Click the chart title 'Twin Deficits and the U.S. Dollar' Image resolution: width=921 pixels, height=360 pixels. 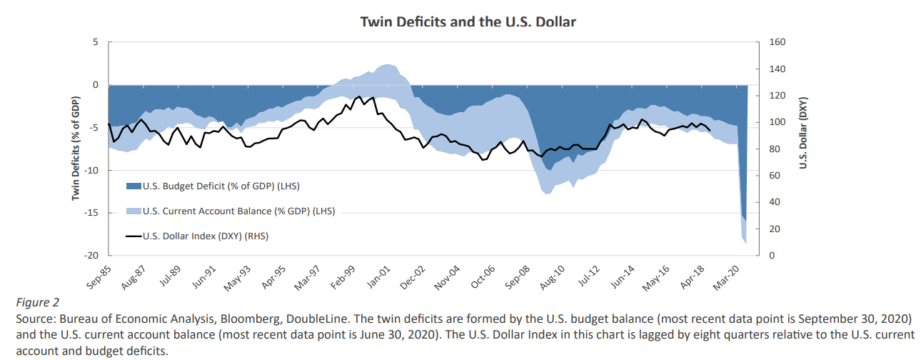pos(468,22)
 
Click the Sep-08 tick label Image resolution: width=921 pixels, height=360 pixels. pos(518,273)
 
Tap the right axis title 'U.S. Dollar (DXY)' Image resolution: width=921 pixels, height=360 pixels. pos(802,134)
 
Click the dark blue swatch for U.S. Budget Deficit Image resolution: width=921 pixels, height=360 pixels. pos(134,186)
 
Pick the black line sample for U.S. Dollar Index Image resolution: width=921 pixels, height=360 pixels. pos(134,235)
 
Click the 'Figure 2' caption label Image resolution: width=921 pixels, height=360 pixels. pos(38,302)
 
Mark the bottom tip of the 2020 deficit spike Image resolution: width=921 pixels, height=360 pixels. pos(746,244)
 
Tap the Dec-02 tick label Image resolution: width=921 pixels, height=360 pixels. pos(413,273)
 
